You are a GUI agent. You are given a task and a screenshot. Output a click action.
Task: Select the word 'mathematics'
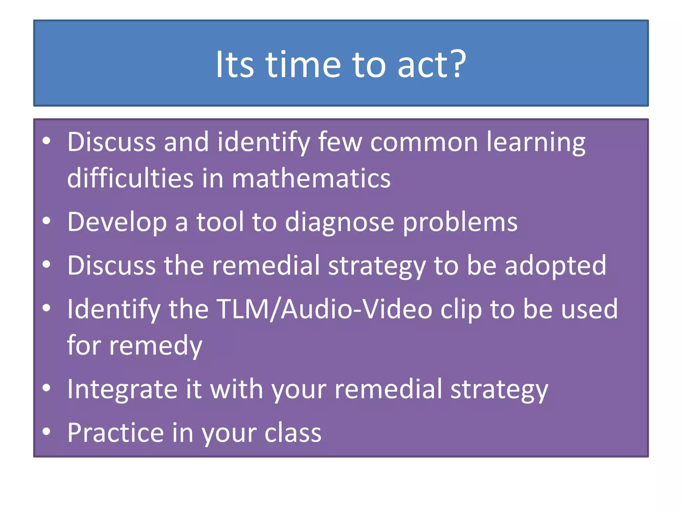pyautogui.click(x=311, y=178)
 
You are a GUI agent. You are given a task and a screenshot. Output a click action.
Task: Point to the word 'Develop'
pyautogui.click(x=117, y=222)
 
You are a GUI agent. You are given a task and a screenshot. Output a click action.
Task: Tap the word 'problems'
pyautogui.click(x=460, y=222)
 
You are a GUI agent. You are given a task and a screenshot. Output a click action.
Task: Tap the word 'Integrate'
pyautogui.click(x=122, y=390)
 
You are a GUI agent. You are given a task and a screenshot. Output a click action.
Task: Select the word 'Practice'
pyautogui.click(x=116, y=432)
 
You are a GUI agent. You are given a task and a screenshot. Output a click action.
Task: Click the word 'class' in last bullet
pyautogui.click(x=293, y=432)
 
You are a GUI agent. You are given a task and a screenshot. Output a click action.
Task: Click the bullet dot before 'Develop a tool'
pyautogui.click(x=46, y=221)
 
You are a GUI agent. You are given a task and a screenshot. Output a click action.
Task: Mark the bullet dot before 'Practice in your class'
pyautogui.click(x=46, y=431)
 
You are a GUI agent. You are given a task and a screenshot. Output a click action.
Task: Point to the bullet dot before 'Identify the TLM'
pyautogui.click(x=46, y=308)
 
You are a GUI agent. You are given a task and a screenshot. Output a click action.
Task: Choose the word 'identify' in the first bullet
pyautogui.click(x=263, y=142)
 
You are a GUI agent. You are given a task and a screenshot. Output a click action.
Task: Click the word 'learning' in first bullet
pyautogui.click(x=536, y=142)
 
